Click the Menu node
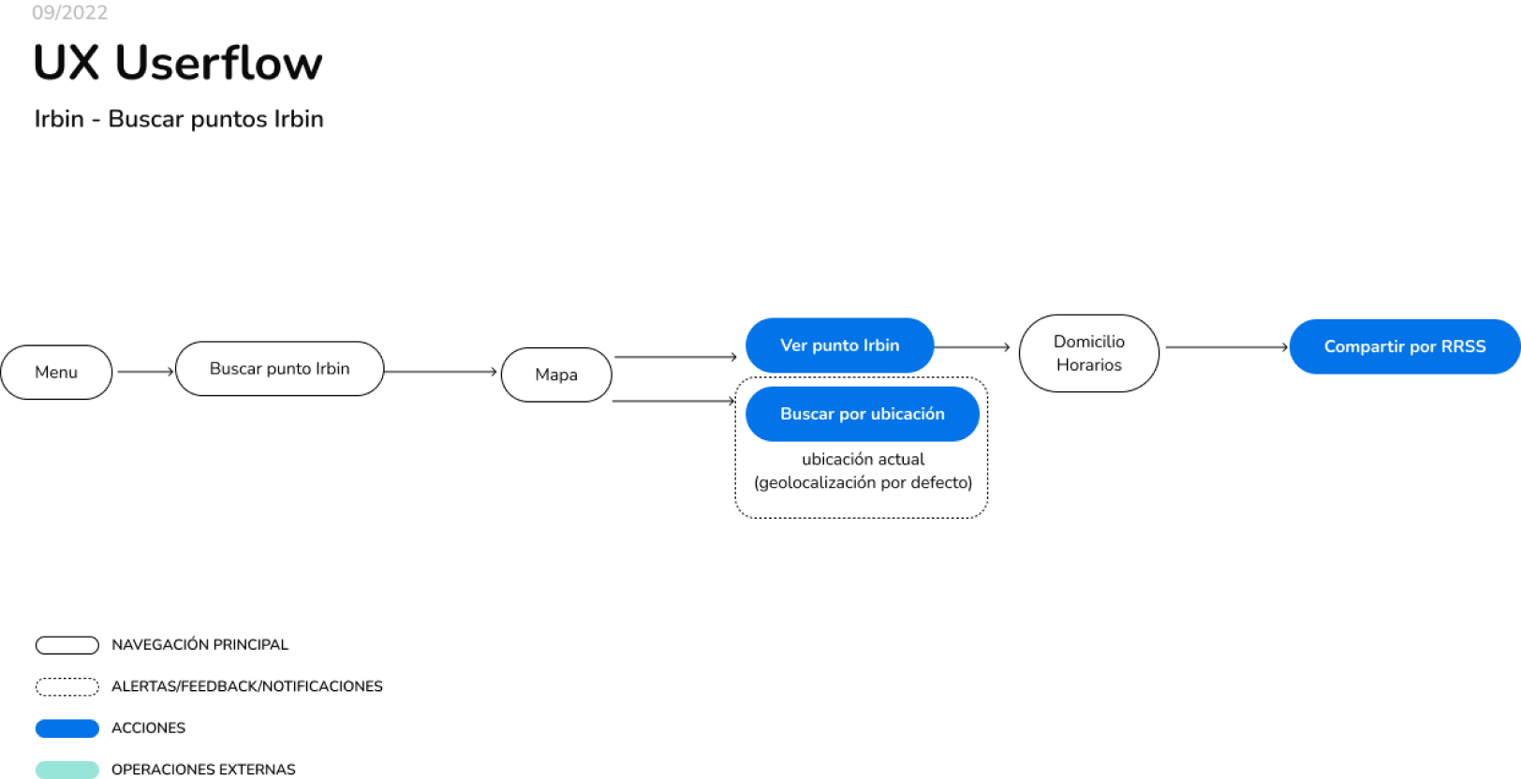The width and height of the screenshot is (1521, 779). pyautogui.click(x=56, y=373)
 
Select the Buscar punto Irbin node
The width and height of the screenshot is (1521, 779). pyautogui.click(x=279, y=369)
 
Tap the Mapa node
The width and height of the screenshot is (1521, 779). pyautogui.click(x=556, y=375)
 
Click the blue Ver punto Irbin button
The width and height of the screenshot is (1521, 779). pyautogui.click(x=839, y=345)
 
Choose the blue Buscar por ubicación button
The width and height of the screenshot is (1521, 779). pyautogui.click(x=862, y=414)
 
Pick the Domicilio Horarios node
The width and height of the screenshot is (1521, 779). pyautogui.click(x=1088, y=353)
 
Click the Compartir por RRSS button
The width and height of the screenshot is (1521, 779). pyautogui.click(x=1404, y=346)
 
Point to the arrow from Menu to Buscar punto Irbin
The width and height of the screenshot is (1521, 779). pyautogui.click(x=145, y=372)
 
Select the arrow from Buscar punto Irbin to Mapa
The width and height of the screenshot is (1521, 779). pyautogui.click(x=440, y=372)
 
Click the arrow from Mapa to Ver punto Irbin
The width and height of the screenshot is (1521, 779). pyautogui.click(x=674, y=357)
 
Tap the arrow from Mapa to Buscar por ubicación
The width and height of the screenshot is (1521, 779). pyautogui.click(x=672, y=401)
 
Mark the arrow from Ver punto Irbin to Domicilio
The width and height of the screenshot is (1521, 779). pyautogui.click(x=971, y=347)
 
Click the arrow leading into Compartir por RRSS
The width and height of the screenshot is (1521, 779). pyautogui.click(x=1226, y=347)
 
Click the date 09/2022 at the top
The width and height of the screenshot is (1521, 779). pyautogui.click(x=69, y=12)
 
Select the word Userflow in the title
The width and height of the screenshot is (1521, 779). pyautogui.click(x=218, y=64)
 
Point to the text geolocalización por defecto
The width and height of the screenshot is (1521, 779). pyautogui.click(x=863, y=482)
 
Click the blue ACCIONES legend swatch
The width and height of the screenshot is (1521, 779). pyautogui.click(x=66, y=728)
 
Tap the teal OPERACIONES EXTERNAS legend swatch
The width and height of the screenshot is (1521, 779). pyautogui.click(x=66, y=770)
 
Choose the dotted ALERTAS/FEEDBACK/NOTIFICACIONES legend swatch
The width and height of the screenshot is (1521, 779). pyautogui.click(x=66, y=686)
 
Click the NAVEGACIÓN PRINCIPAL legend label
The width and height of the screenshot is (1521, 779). pyautogui.click(x=199, y=645)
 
